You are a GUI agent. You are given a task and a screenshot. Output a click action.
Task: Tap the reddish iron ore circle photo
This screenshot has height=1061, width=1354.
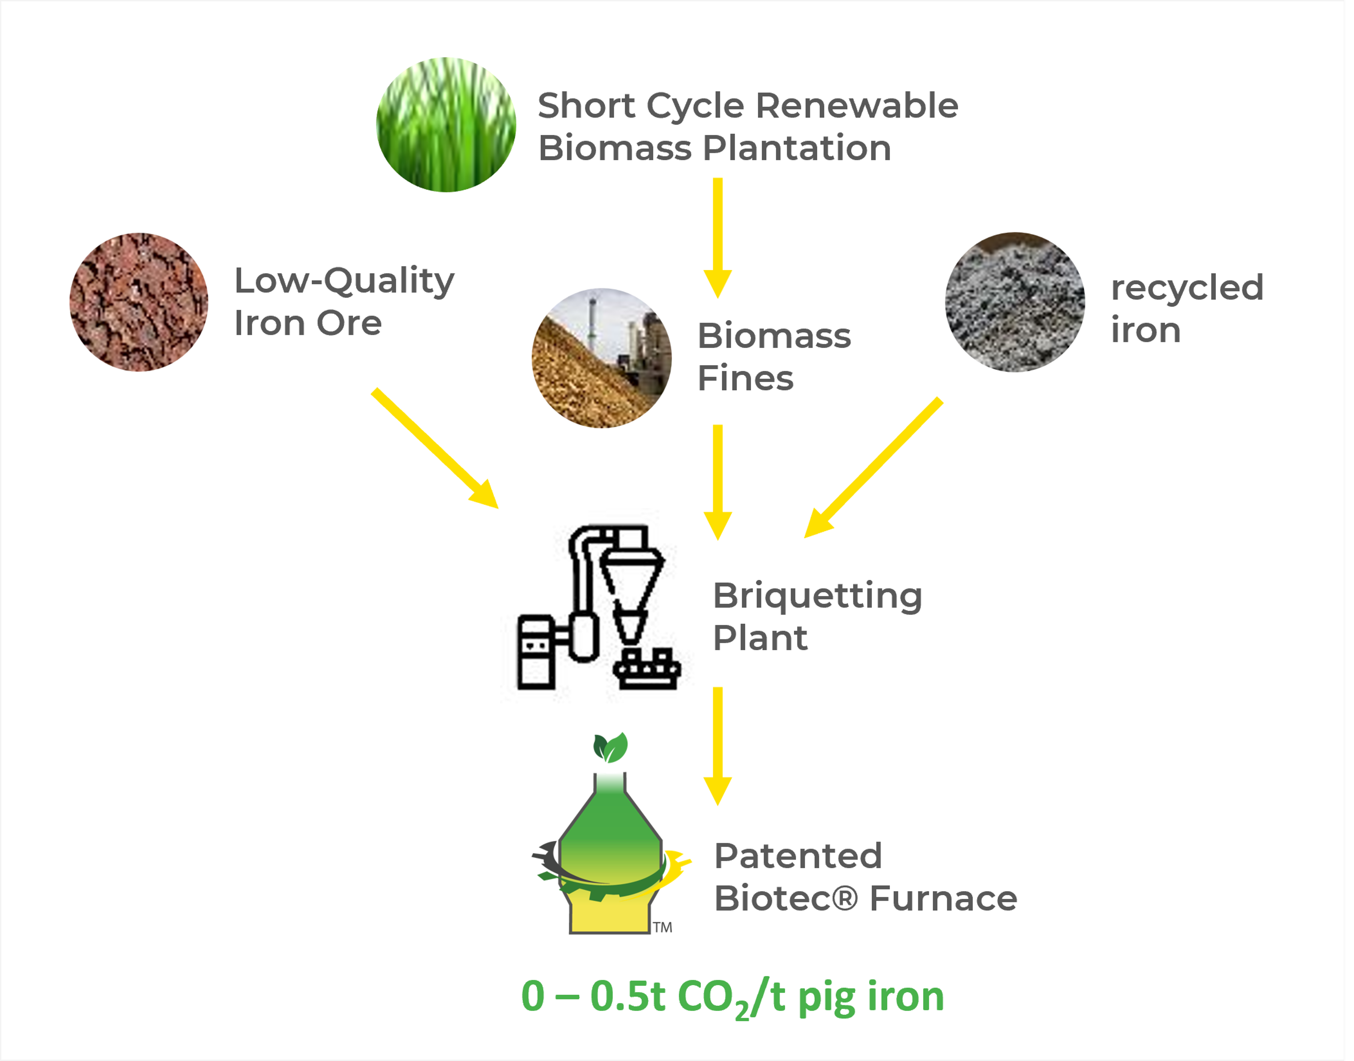(x=139, y=303)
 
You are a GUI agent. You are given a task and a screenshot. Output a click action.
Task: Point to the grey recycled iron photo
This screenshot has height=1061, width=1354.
(x=1015, y=303)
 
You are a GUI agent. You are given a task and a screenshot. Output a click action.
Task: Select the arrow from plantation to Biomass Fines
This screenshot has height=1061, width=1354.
(x=717, y=236)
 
